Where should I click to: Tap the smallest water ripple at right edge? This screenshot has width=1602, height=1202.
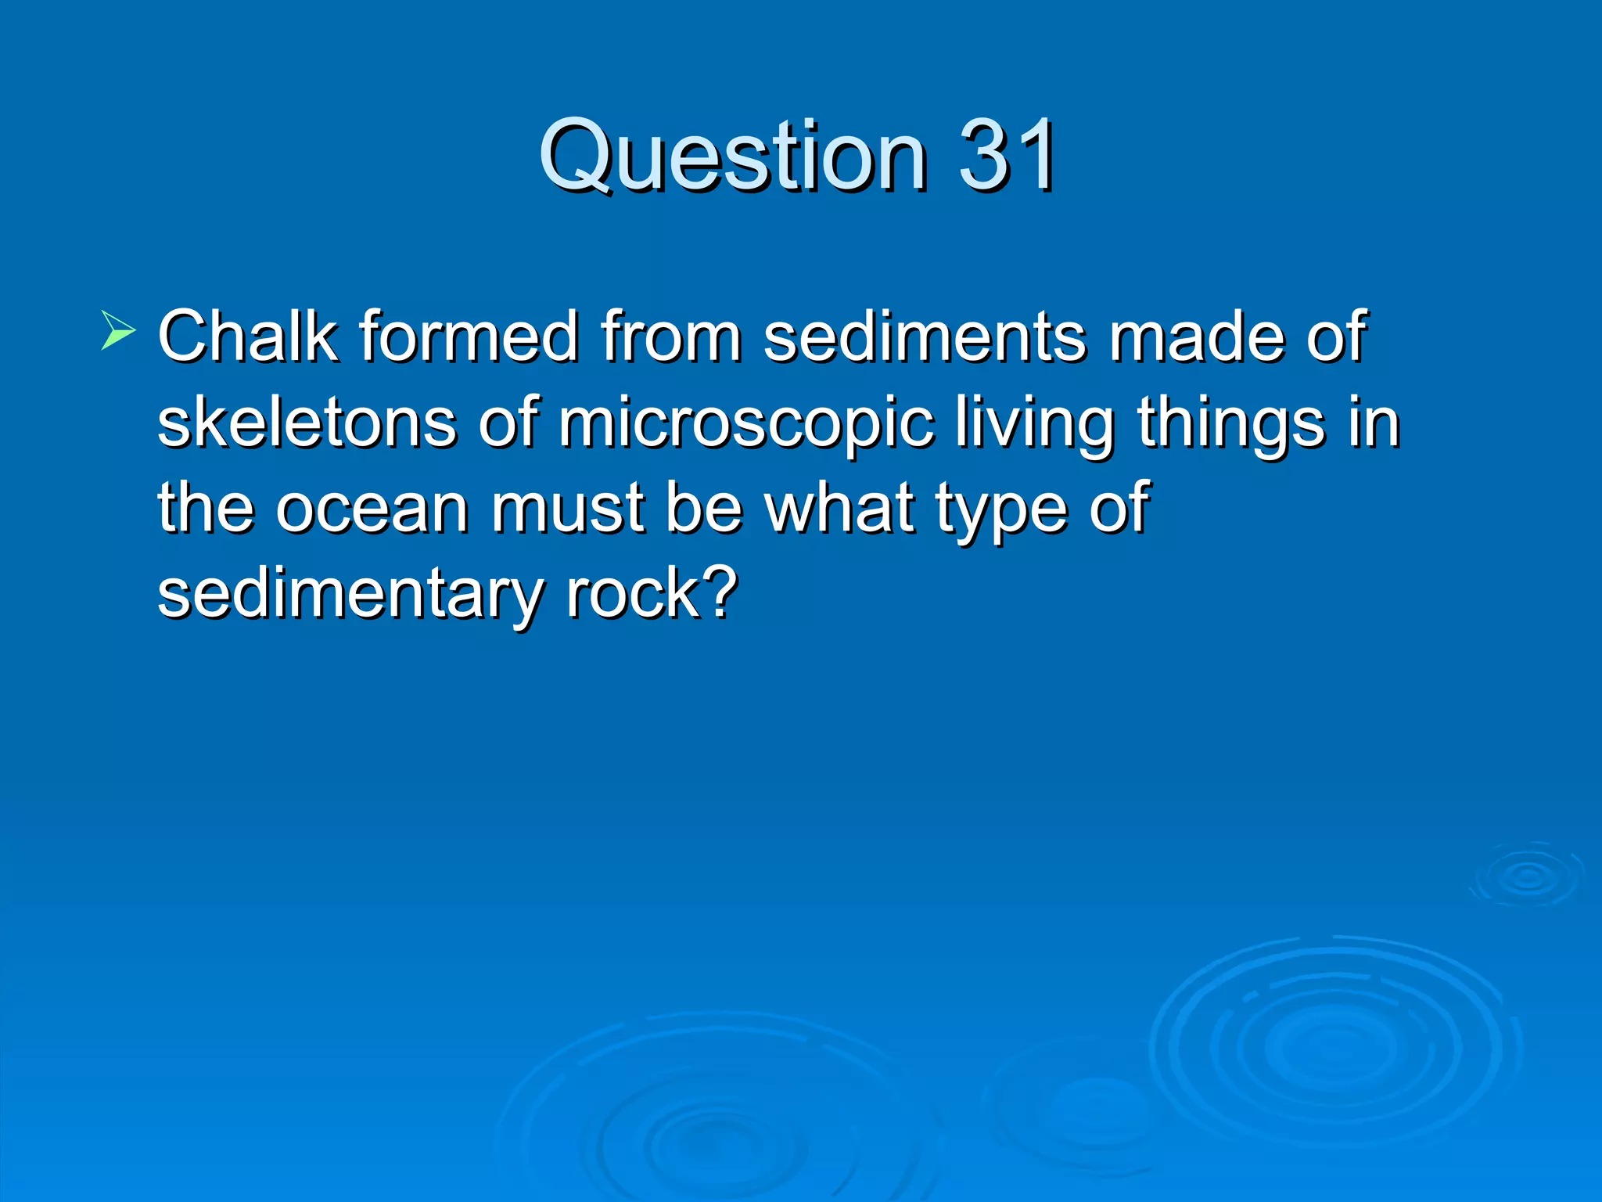(1527, 876)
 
